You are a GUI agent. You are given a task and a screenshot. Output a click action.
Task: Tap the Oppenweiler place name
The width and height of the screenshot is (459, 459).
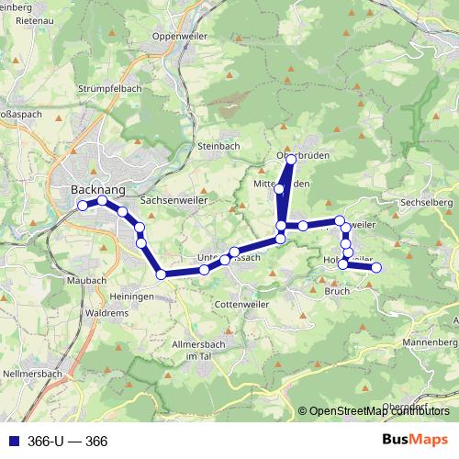181,36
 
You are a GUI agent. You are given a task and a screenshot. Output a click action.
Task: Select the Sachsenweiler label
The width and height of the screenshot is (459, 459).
174,199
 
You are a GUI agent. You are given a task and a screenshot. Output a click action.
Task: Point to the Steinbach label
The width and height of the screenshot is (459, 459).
218,146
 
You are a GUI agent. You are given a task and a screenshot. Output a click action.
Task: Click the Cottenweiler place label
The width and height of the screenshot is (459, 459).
240,304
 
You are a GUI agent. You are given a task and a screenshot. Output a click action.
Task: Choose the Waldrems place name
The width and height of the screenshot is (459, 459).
106,312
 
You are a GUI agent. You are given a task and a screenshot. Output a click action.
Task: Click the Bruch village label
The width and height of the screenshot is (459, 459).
337,291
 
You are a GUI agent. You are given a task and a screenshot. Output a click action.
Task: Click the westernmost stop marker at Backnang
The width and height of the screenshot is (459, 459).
82,206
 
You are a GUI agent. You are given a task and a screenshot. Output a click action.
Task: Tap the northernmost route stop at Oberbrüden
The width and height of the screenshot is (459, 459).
291,160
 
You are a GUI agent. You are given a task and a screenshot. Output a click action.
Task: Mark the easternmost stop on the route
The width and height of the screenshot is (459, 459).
375,267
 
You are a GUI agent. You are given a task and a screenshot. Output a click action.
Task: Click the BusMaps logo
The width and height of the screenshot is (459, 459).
417,441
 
